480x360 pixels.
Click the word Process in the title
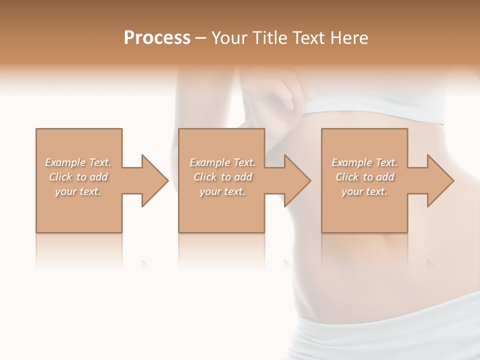[x=157, y=38]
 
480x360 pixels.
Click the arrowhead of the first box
[x=154, y=180]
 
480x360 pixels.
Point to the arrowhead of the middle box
[x=296, y=180]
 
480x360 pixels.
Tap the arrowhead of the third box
[x=439, y=180]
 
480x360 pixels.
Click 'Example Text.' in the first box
[x=78, y=162]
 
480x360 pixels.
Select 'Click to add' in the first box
[x=78, y=177]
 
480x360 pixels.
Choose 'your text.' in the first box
[x=78, y=191]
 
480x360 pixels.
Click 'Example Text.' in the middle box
[x=222, y=162]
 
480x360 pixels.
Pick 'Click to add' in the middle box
[x=222, y=177]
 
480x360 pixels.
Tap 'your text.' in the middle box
[x=222, y=191]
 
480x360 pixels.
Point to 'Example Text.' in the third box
[x=364, y=162]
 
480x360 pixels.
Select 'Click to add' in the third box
[x=364, y=177]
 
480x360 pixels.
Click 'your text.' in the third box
[x=364, y=191]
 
